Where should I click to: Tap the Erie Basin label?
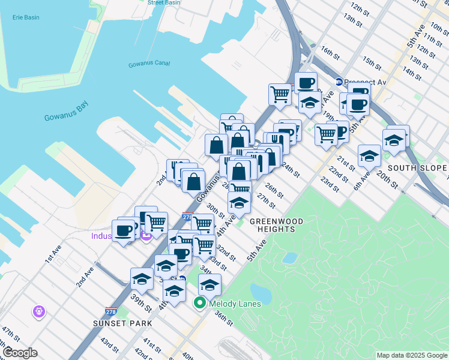click(26, 17)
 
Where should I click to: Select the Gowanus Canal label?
click(149, 64)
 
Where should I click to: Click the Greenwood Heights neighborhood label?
click(277, 225)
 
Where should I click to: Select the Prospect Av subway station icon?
click(339, 82)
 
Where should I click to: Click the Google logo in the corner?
click(20, 353)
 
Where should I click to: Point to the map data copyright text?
click(411, 355)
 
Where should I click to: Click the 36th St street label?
click(223, 318)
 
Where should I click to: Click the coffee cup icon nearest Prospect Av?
click(359, 103)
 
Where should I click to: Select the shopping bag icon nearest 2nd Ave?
click(194, 180)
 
